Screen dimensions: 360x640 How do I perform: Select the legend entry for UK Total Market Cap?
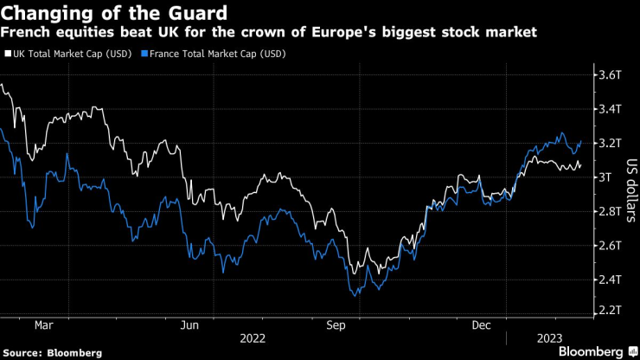[x=70, y=53]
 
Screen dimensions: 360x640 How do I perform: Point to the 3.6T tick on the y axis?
[x=611, y=75]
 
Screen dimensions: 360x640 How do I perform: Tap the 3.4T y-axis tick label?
[x=611, y=109]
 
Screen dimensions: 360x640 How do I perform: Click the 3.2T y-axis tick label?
[x=611, y=143]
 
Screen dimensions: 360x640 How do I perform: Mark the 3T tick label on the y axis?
[x=605, y=177]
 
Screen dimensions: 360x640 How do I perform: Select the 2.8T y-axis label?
[x=611, y=211]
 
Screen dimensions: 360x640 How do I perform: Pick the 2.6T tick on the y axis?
[x=611, y=245]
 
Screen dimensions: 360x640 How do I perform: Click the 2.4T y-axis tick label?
[x=611, y=280]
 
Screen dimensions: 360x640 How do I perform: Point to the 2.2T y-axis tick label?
[x=611, y=309]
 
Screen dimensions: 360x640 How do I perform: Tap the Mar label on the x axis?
[x=45, y=325]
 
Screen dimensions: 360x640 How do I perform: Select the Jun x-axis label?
[x=191, y=325]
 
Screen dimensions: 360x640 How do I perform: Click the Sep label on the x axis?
[x=337, y=325]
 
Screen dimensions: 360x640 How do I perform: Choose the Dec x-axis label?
[x=483, y=325]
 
